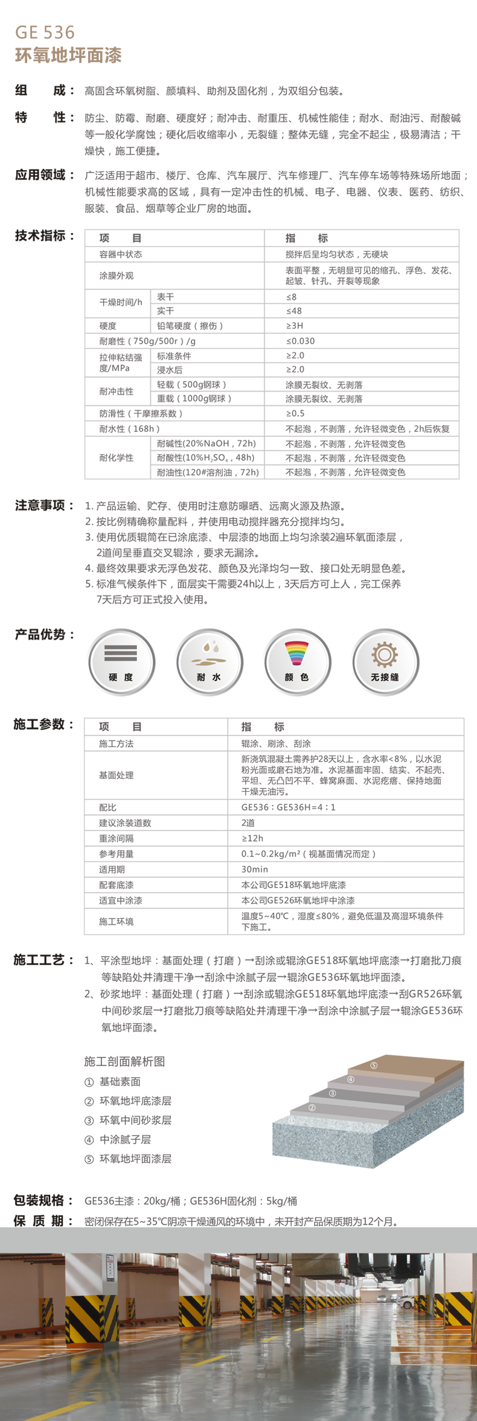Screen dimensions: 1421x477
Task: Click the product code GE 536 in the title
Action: tap(45, 32)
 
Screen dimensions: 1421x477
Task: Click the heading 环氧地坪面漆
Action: tap(68, 56)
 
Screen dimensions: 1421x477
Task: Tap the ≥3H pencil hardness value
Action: tap(295, 326)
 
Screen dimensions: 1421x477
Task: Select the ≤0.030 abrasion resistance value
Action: tap(300, 341)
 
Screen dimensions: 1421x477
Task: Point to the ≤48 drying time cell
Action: tap(293, 311)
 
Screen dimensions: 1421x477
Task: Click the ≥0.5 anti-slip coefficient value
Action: tap(295, 413)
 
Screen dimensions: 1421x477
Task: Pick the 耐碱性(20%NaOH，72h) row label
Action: tap(206, 443)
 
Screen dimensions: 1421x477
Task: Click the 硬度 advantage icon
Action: tap(121, 661)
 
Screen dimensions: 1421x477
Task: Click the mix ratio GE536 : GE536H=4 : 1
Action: tap(289, 807)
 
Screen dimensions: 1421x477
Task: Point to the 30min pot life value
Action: tap(254, 869)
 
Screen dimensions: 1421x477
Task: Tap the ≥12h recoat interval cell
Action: tap(252, 838)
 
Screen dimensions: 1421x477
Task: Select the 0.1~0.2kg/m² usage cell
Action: tap(308, 854)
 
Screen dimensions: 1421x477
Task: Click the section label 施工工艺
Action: tap(40, 960)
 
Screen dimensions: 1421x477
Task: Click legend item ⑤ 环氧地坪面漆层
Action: tap(129, 1159)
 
